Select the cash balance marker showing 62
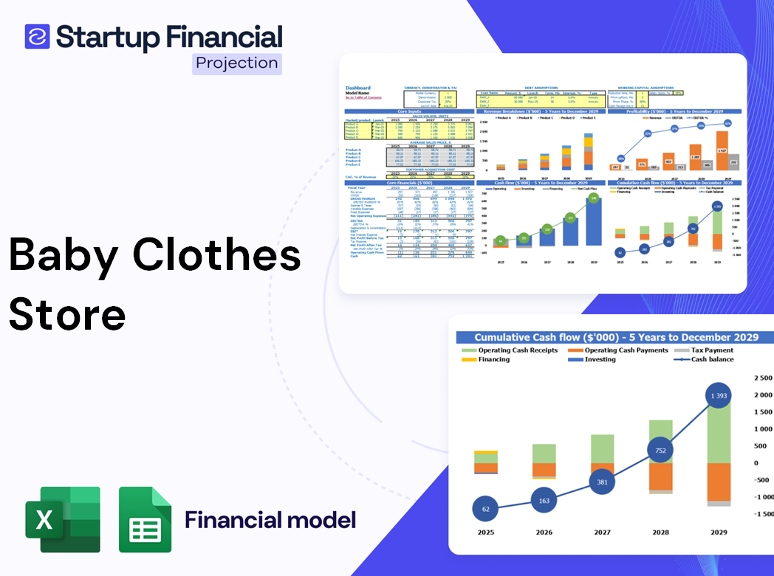(x=484, y=509)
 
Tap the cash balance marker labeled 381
(x=603, y=482)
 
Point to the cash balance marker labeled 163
(x=544, y=501)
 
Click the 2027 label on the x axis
(x=602, y=532)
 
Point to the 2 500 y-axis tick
(x=761, y=378)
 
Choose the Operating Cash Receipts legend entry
(x=513, y=350)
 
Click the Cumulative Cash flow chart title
(x=616, y=337)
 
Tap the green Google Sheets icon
(x=145, y=519)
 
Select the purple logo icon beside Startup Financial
(x=37, y=36)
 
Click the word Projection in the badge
(x=237, y=63)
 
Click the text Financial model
(x=270, y=519)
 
